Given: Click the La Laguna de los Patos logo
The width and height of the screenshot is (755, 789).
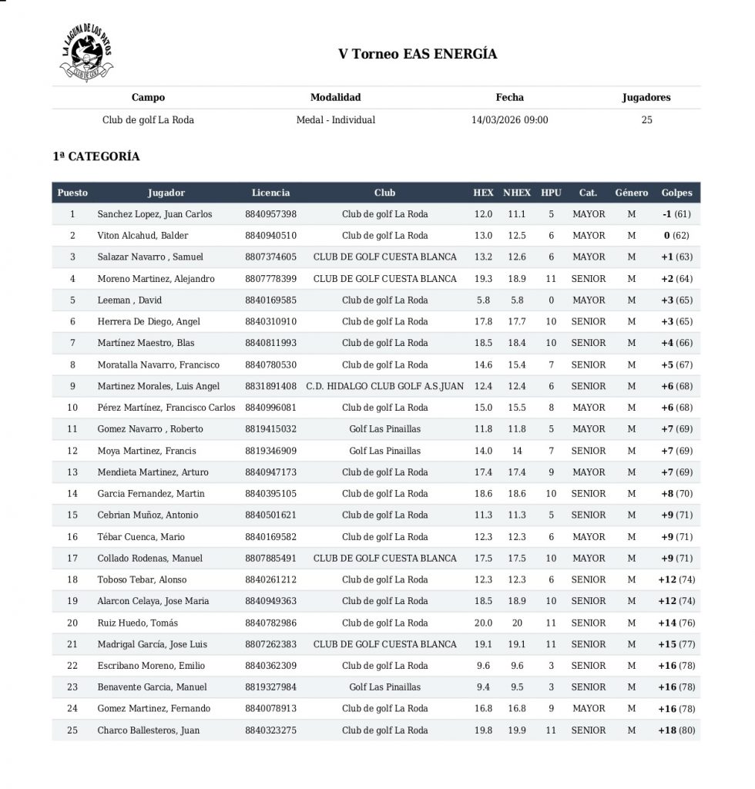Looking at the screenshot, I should (86, 52).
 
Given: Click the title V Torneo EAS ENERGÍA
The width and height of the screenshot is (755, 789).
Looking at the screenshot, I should (418, 54).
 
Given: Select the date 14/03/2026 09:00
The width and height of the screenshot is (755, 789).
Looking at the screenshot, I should (509, 120).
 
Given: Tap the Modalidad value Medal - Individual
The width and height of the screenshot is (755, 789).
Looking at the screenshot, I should (335, 120).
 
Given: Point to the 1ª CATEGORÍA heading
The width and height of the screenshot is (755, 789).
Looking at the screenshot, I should (96, 156).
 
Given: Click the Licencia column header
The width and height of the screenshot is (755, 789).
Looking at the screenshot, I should (270, 193).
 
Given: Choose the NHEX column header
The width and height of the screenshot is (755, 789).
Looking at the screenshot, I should (517, 193).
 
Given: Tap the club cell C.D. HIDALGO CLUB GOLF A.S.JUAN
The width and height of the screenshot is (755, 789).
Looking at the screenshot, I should (384, 386).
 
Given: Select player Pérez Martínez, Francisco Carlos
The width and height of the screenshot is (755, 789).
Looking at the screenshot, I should (166, 408).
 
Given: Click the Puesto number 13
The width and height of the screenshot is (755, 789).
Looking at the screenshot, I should (72, 472).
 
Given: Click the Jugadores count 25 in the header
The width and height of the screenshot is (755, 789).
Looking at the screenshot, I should (646, 120).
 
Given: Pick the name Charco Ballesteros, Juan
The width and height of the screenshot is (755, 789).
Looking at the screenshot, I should (149, 730).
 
